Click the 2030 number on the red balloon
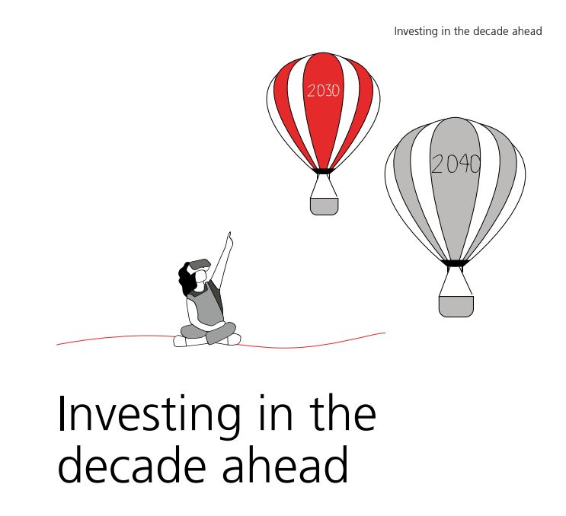click(324, 91)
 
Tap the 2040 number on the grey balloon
click(456, 164)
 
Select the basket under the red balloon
click(325, 206)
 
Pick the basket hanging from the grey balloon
click(456, 306)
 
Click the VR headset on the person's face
click(200, 264)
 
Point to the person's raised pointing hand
click(229, 240)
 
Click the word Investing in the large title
click(149, 416)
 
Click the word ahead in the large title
click(285, 465)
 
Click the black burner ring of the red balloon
click(323, 171)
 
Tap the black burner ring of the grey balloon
click(456, 263)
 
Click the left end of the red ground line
click(56, 345)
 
